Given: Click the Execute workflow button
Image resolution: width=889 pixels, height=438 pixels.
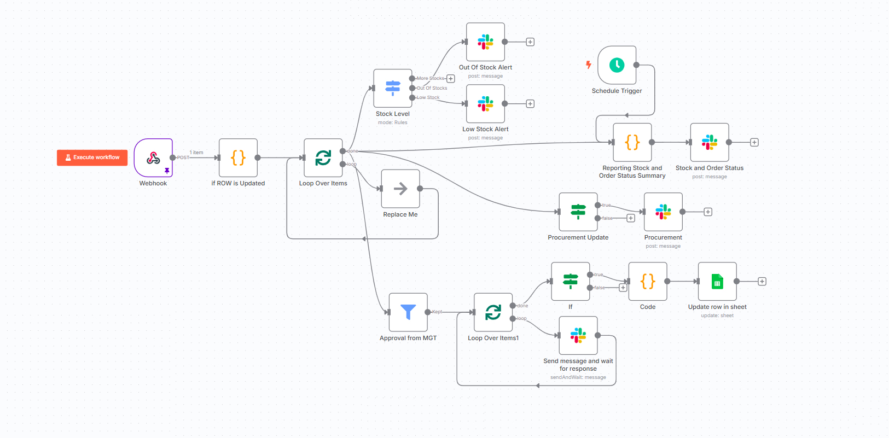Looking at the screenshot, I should point(92,157).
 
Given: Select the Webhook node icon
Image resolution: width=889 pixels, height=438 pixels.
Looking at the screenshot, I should point(153,158).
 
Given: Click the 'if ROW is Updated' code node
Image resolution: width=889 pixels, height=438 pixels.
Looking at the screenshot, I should point(238,158).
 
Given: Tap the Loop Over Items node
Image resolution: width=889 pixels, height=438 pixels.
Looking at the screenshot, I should point(323,158).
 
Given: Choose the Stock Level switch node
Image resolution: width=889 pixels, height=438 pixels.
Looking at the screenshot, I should point(393,88).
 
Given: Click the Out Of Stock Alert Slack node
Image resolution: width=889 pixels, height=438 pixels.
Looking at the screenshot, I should point(485,42).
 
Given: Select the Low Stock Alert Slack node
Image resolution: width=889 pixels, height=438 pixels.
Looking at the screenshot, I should point(485,104).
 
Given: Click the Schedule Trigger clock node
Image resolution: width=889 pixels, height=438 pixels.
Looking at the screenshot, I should point(617,65).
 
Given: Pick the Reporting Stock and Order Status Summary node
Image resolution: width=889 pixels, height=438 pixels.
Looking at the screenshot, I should point(632,142).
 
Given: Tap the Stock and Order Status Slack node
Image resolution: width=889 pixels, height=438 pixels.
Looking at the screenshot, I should point(710,142).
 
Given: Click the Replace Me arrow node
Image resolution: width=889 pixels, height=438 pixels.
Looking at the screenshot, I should point(400,189).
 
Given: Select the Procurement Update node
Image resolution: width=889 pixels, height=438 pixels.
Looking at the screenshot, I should point(578,212).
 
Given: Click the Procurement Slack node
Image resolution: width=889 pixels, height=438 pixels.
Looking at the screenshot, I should point(663,212).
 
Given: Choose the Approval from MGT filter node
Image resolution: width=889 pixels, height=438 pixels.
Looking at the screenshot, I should point(408,312).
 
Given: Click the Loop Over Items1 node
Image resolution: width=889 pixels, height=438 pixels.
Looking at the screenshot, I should point(493,312).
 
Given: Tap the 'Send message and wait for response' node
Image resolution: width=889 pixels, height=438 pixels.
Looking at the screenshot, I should point(578,335).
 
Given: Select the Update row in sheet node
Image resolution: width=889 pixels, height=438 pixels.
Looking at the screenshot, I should point(717,282).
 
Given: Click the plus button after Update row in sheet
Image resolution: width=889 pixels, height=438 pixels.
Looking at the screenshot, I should point(762,282).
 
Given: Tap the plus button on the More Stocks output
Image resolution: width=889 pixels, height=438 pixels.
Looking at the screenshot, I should point(451,79).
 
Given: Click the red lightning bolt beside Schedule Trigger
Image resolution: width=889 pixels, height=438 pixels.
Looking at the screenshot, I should point(589,65).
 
